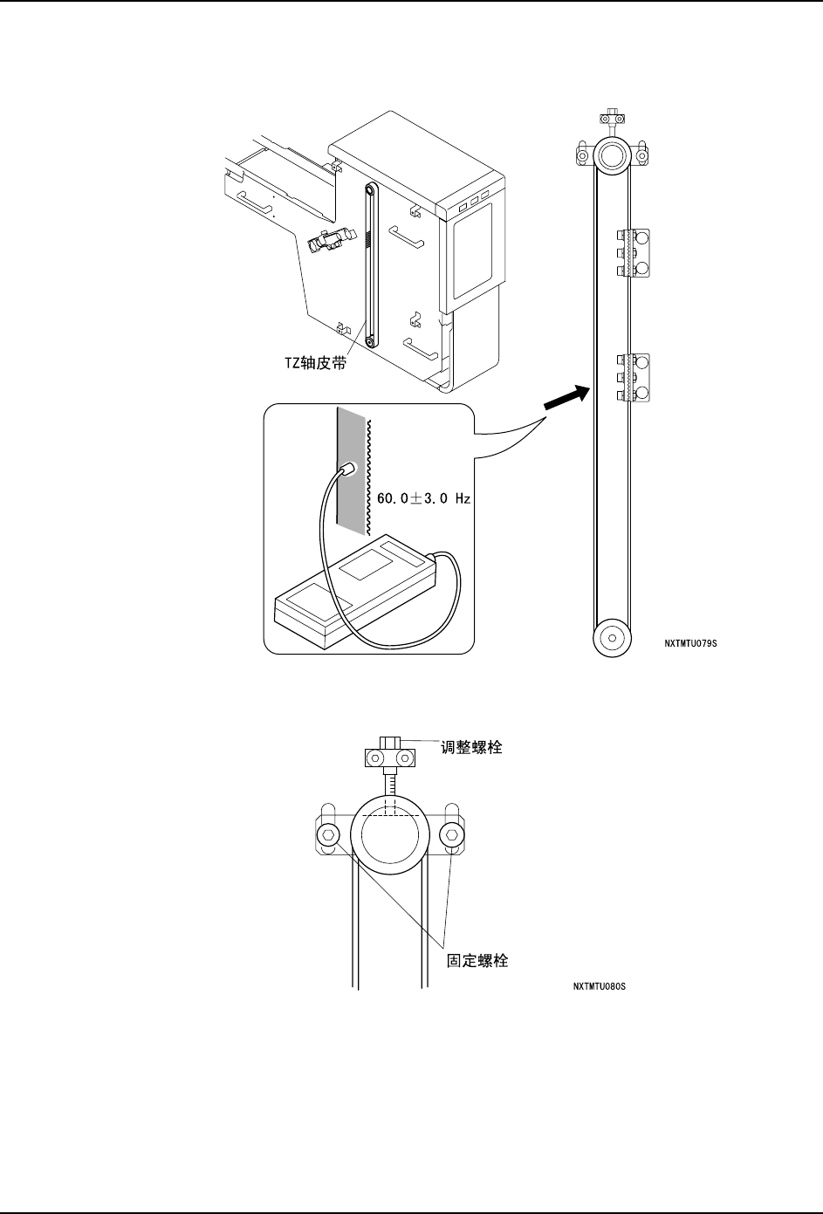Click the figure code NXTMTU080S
pyautogui.click(x=600, y=987)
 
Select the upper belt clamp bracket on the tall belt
pyautogui.click(x=634, y=253)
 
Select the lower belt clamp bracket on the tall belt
pyautogui.click(x=634, y=377)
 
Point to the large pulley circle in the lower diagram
pyautogui.click(x=389, y=839)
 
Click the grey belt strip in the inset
pyautogui.click(x=351, y=506)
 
